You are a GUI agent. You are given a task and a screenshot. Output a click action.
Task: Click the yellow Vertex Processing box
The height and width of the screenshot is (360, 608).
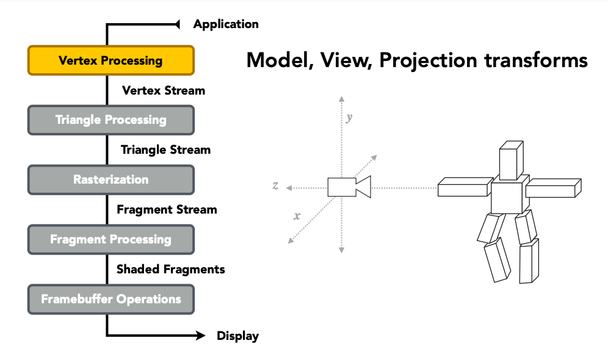111,60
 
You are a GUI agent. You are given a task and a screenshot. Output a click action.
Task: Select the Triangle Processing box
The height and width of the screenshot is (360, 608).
111,120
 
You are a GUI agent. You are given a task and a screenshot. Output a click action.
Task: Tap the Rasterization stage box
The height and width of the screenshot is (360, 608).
111,180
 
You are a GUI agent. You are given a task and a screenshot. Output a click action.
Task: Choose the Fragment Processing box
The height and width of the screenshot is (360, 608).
111,239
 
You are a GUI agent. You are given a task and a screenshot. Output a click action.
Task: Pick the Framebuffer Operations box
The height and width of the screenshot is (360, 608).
111,300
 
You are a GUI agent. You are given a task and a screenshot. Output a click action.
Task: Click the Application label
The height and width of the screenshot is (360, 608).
226,24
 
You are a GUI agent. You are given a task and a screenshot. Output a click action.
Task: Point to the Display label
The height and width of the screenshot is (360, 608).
237,336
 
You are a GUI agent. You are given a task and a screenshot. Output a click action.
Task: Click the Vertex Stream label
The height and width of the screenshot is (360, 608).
164,91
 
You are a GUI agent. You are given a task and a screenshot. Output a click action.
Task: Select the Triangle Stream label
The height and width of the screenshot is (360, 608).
165,150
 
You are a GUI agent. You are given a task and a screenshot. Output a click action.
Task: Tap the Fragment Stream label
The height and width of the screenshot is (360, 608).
167,210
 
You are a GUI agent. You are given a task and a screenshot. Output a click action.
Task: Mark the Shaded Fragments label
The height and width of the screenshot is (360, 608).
170,269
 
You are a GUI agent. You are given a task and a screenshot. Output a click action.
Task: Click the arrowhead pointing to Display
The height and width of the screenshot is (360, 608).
201,335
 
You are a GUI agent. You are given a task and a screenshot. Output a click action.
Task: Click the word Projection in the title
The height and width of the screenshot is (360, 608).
429,61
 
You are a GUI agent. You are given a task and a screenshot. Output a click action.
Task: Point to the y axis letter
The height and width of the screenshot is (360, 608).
349,117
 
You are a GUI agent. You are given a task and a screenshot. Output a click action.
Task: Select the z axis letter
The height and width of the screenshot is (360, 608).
275,185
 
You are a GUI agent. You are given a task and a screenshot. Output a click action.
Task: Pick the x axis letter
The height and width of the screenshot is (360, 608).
297,216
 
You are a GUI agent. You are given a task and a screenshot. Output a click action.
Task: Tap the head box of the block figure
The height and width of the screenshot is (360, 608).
511,160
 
